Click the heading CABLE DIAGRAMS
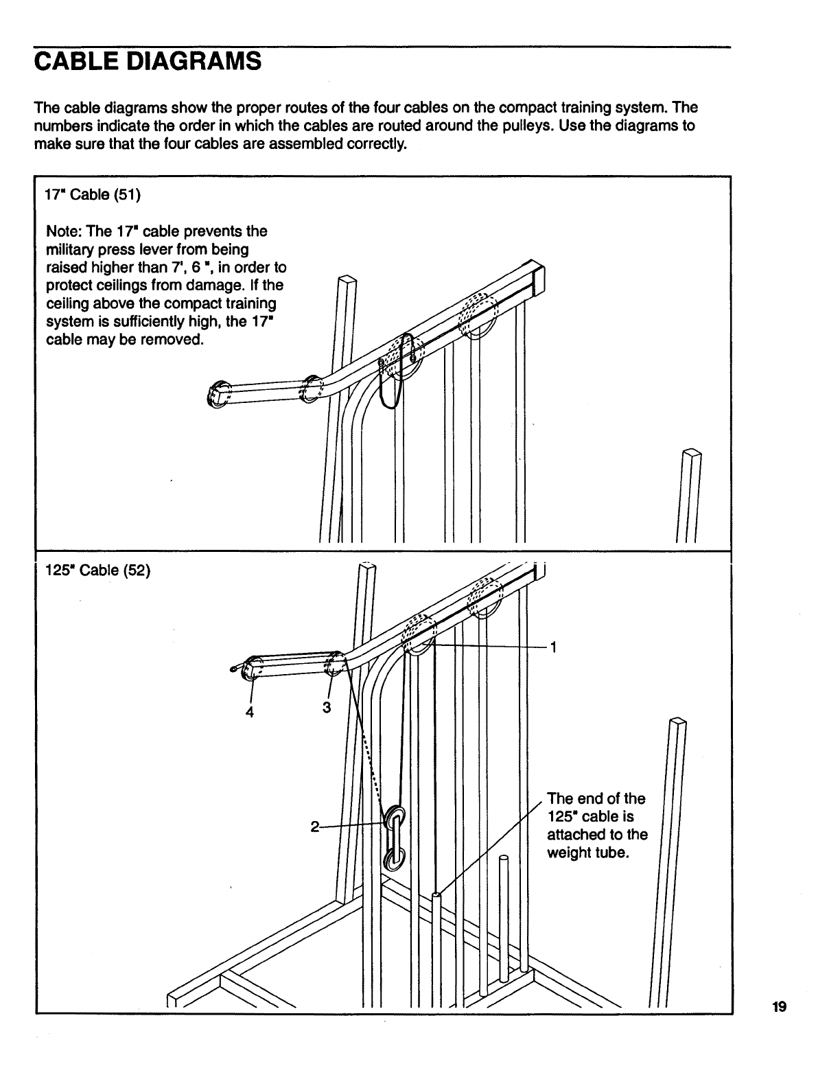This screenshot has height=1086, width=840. click(x=148, y=62)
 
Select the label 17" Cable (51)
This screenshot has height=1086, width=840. click(x=93, y=195)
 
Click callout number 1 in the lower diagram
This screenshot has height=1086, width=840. click(x=553, y=647)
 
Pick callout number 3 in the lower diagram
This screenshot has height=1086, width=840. click(x=327, y=707)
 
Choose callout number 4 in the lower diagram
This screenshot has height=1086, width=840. click(x=250, y=712)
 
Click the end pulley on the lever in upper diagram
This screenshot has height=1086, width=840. click(x=218, y=395)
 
